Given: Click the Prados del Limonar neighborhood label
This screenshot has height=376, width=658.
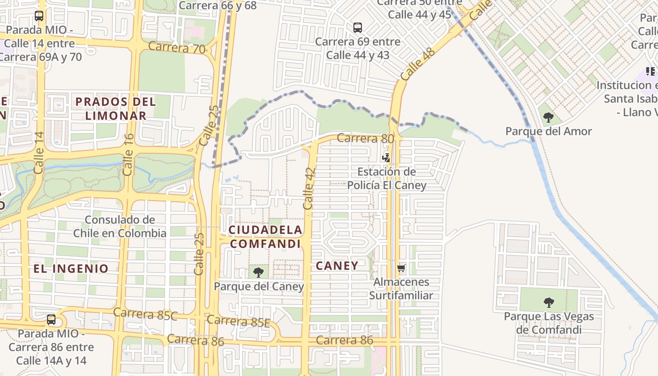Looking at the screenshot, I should (116, 108).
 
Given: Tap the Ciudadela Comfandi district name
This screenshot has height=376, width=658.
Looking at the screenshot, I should (266, 236).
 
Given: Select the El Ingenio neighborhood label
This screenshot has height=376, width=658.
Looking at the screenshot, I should (71, 268).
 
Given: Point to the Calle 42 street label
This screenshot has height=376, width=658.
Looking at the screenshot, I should (309, 188).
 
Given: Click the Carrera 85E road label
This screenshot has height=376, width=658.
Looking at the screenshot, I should (239, 321).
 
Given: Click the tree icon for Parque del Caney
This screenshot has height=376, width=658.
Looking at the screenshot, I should (258, 272).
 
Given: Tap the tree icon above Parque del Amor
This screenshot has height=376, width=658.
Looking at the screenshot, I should (548, 117).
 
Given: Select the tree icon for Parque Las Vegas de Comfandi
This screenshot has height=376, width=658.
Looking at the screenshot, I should (548, 302).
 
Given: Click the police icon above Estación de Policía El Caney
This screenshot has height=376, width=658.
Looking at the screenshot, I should (386, 157).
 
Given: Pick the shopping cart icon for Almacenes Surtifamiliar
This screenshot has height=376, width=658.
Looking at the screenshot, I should (401, 268).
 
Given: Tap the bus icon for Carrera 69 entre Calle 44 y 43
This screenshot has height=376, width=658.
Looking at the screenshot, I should (358, 27).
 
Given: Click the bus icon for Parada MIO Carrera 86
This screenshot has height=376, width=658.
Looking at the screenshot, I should (51, 320).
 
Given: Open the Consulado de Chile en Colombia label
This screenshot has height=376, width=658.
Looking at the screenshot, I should (120, 226).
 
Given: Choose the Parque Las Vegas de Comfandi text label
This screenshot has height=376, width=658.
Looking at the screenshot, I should (548, 323).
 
